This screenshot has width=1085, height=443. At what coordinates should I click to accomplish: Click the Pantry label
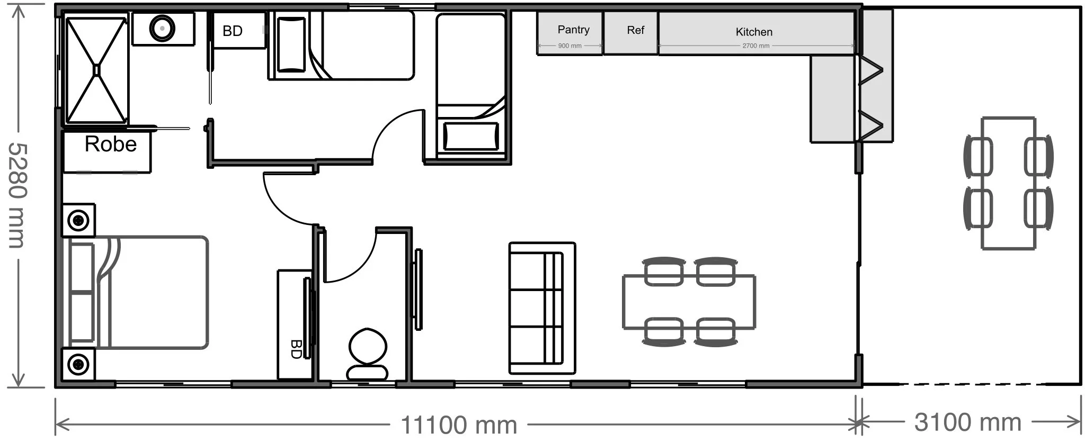(573, 30)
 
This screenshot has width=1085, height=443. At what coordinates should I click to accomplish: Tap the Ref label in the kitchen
(635, 30)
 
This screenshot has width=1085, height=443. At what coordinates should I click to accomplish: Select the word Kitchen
(754, 32)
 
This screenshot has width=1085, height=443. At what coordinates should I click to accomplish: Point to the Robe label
(111, 144)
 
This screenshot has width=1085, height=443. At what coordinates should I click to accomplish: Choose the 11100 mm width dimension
(459, 424)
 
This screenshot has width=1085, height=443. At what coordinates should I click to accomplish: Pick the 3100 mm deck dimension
(967, 422)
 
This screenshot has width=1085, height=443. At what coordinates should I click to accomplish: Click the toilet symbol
(367, 354)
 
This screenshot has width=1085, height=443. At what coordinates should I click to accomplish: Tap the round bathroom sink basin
(162, 26)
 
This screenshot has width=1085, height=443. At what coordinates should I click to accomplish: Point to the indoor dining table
(689, 302)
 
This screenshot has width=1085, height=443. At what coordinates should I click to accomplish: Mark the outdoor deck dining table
(1009, 183)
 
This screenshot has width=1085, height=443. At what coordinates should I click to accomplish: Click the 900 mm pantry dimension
(570, 46)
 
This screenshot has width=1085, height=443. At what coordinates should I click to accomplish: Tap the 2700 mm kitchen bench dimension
(756, 46)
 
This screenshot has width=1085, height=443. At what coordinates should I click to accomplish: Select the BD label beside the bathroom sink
(233, 31)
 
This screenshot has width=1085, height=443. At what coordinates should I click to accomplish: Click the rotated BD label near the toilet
(296, 349)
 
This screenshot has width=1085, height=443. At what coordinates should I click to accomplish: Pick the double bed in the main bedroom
(138, 293)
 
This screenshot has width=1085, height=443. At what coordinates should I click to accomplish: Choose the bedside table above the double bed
(79, 220)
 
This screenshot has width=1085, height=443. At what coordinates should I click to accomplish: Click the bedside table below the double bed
(79, 364)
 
